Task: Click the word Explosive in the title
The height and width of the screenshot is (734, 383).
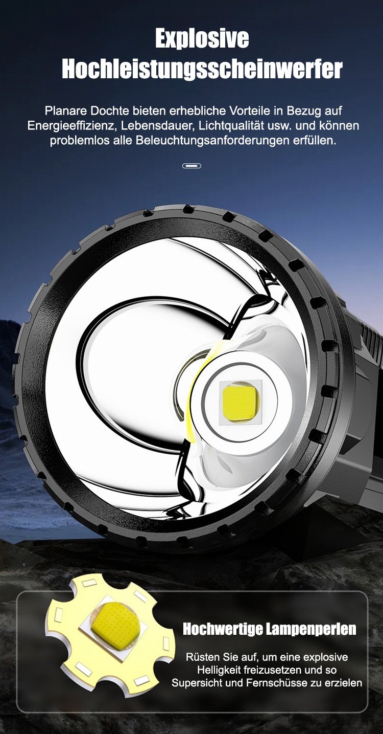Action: [x=202, y=39]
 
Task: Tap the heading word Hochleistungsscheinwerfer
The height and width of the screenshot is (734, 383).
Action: [x=202, y=69]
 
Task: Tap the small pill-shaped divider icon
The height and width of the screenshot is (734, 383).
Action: [x=192, y=166]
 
